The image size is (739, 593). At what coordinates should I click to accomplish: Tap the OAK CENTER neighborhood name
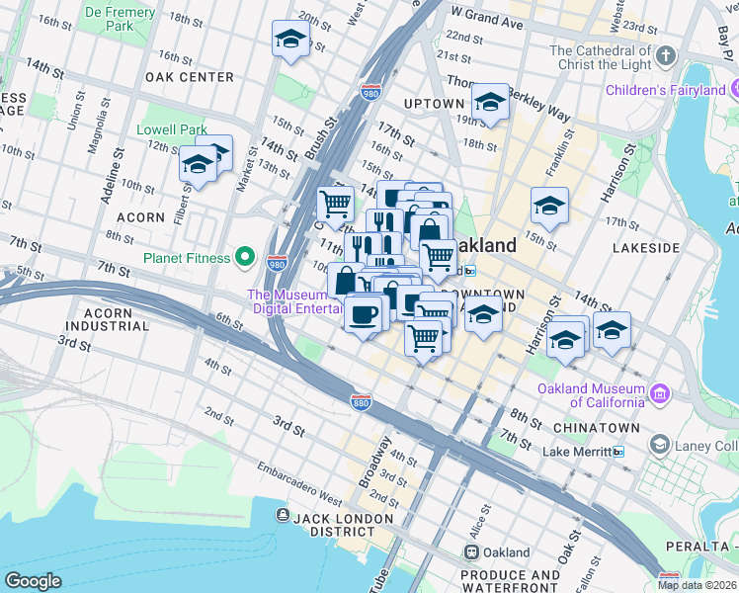(x=189, y=77)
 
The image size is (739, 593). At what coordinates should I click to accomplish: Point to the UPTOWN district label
(x=434, y=104)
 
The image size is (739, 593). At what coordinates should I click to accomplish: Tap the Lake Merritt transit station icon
(x=618, y=452)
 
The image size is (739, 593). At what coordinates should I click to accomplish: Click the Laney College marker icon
(x=659, y=446)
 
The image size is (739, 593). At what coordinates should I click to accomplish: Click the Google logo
(x=33, y=581)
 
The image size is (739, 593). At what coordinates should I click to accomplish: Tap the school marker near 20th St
(x=290, y=39)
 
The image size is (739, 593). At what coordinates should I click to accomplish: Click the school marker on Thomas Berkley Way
(x=490, y=102)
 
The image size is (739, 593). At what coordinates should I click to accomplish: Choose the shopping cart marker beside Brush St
(x=335, y=205)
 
